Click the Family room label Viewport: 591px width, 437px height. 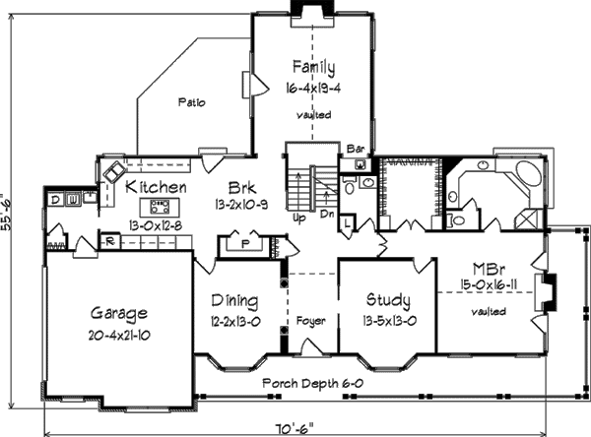pos(313,68)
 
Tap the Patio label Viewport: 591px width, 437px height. pos(192,102)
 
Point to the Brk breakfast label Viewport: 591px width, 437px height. pos(243,187)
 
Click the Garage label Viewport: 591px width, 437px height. pos(119,315)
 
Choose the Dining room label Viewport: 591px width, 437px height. pos(235,301)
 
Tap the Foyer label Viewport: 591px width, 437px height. pos(311,321)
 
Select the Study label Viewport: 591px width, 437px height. pos(388,301)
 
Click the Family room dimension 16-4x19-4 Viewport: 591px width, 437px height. pos(313,88)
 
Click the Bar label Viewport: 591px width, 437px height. pos(357,148)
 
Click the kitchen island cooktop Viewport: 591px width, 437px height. pos(159,207)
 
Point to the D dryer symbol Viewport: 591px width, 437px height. pos(56,200)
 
